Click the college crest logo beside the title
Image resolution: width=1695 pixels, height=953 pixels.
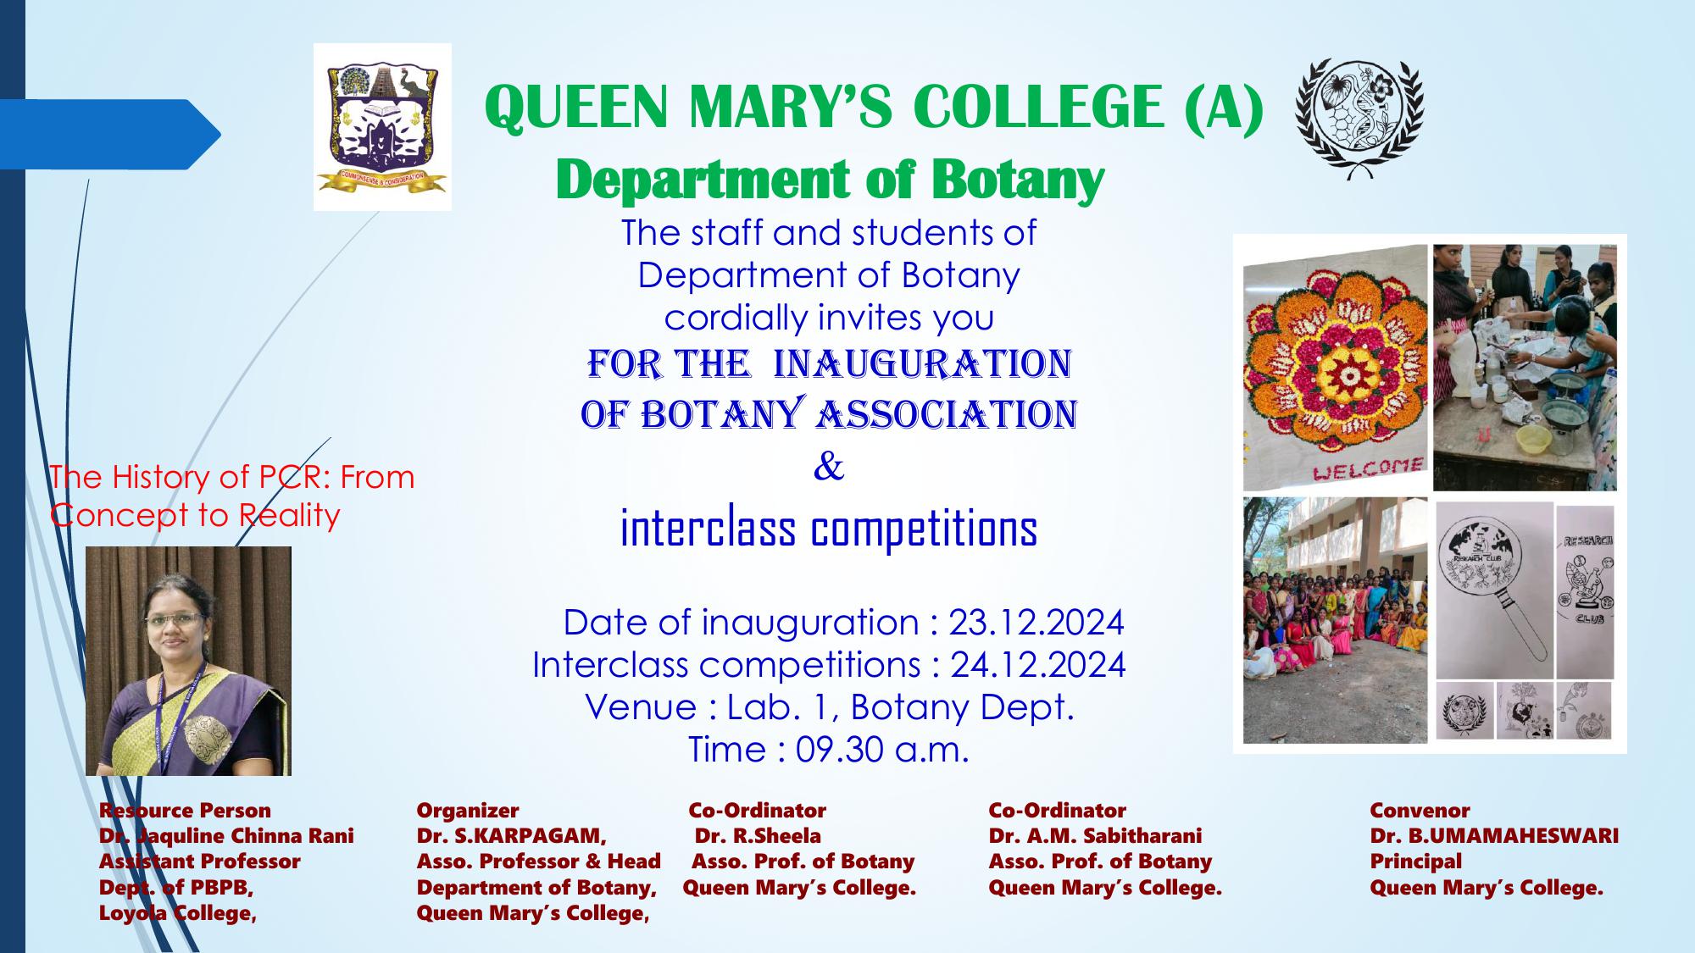point(382,127)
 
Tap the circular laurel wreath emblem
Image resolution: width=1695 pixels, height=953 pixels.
point(1360,116)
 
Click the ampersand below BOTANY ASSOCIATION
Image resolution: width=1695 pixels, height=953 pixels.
point(828,467)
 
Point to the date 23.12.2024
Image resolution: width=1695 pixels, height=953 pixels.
point(1036,623)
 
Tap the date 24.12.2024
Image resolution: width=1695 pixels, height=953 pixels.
point(1037,665)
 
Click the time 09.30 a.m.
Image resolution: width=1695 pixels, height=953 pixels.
point(881,750)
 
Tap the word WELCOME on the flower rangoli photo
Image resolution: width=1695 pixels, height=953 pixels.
point(1367,468)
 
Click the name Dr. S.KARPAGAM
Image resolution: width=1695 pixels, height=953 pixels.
point(511,836)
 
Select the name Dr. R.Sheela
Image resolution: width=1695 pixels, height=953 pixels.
point(758,836)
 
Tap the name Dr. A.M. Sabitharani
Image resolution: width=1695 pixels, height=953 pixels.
point(1095,836)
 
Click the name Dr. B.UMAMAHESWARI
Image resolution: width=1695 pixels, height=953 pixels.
point(1494,836)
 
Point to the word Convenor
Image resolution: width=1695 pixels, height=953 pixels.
point(1420,811)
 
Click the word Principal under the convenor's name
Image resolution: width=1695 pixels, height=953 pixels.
point(1416,862)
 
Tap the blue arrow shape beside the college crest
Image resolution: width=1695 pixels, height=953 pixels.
point(110,134)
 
